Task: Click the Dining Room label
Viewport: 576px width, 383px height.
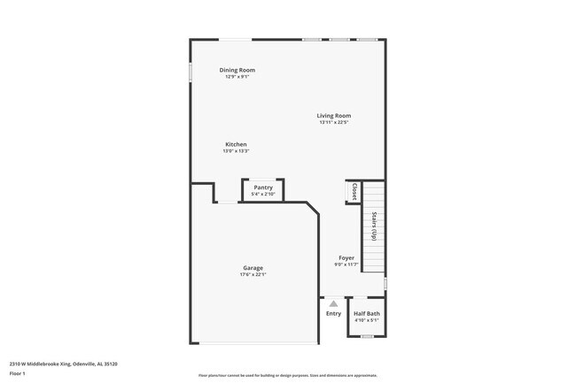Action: (237, 70)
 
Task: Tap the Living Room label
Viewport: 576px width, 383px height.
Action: (335, 115)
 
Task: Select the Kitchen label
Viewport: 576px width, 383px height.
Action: (236, 144)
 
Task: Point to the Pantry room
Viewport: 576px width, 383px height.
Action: (263, 190)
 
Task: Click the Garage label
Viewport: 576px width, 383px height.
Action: (253, 268)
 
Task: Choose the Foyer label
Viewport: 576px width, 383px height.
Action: (346, 257)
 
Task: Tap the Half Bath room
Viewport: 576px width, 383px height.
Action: (367, 316)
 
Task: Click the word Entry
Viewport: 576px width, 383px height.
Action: (333, 313)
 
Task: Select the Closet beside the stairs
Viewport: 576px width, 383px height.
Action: (354, 192)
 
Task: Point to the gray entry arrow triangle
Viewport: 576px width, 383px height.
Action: (333, 303)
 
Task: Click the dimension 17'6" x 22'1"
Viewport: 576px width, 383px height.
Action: (253, 275)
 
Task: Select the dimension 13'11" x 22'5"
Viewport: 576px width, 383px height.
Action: (335, 122)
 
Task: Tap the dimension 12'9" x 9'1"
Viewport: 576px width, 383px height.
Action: (237, 77)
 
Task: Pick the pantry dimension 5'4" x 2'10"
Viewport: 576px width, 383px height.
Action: (263, 195)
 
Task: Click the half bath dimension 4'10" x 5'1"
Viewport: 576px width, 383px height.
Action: (367, 320)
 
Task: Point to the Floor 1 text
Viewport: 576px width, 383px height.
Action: (17, 373)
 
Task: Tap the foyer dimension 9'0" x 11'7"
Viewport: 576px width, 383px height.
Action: (346, 264)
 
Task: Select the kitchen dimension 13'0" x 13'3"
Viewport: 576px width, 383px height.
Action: (236, 151)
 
